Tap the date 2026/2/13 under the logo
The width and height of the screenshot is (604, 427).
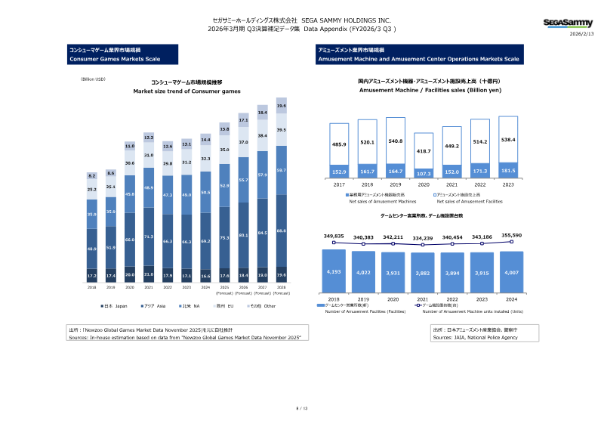(581, 35)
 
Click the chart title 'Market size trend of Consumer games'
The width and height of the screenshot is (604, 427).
(186, 91)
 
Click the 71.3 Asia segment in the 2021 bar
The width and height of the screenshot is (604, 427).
(149, 236)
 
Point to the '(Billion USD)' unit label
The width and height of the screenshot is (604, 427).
(93, 79)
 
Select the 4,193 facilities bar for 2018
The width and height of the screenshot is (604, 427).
(334, 271)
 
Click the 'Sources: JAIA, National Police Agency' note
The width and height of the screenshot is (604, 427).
(475, 338)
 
